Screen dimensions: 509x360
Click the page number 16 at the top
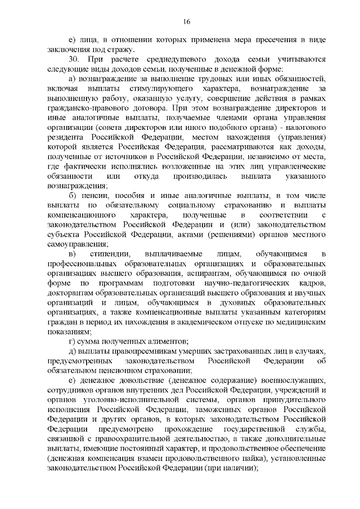186,21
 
